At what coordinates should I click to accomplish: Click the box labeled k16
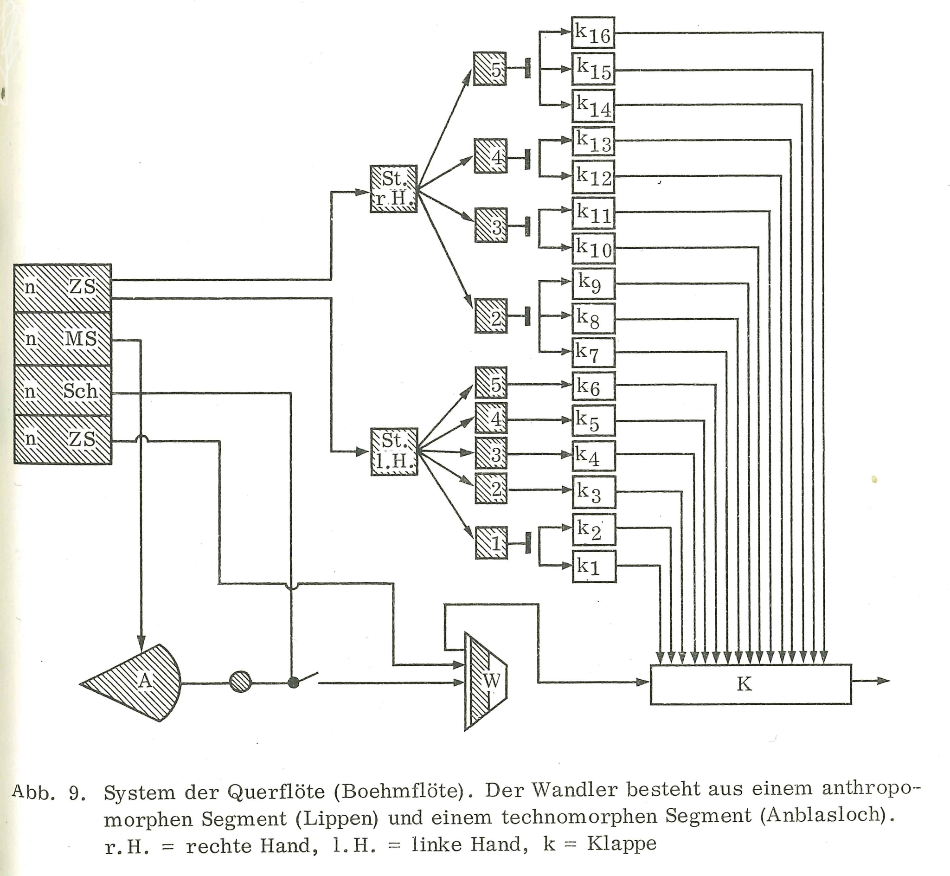(x=593, y=32)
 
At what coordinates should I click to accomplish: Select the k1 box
(x=594, y=566)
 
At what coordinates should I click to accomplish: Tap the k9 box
(x=593, y=283)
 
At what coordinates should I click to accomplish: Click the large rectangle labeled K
(x=750, y=684)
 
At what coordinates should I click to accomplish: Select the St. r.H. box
(x=393, y=189)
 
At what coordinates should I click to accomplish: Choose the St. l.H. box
(x=394, y=451)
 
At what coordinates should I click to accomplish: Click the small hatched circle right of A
(x=240, y=683)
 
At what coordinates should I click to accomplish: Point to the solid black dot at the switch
(x=294, y=683)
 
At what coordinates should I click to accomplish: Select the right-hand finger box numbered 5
(x=490, y=69)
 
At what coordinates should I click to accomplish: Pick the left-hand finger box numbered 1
(x=491, y=543)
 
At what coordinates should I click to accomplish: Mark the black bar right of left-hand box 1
(x=528, y=543)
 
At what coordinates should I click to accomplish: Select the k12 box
(x=593, y=176)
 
